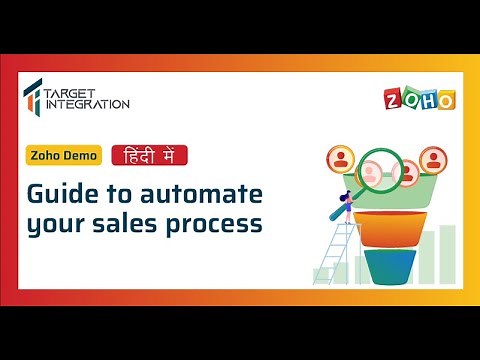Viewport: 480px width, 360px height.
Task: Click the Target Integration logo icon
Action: point(33,95)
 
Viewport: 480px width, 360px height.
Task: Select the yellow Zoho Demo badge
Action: point(64,156)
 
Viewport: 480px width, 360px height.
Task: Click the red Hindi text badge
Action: point(148,156)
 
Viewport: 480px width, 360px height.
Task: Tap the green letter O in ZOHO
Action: point(411,100)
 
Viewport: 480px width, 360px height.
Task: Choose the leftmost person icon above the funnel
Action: point(339,159)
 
